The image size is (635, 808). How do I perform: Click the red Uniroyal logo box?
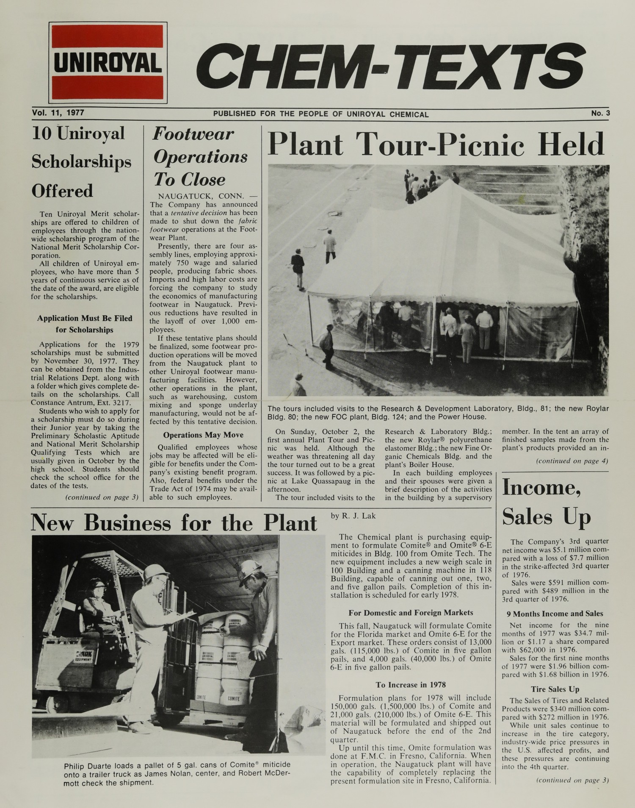[108, 63]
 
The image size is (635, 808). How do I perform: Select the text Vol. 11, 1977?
[58, 113]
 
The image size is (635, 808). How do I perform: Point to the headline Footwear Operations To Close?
[200, 157]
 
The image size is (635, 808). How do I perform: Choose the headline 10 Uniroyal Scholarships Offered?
[82, 162]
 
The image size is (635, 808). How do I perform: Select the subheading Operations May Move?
[203, 435]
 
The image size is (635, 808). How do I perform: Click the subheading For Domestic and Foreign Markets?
[410, 612]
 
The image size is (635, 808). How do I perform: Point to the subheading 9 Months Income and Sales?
[555, 614]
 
